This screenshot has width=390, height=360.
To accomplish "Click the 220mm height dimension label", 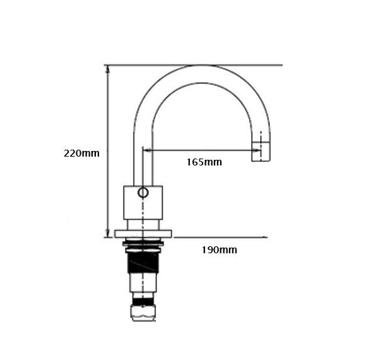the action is [81, 153].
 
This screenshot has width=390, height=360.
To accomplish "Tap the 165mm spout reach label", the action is [204, 162].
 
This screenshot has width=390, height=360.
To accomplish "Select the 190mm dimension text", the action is [219, 249].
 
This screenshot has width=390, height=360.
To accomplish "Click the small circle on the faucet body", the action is [143, 193].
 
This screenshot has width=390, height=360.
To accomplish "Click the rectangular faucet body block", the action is [143, 203].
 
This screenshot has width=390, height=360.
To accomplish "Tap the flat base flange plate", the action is [143, 234].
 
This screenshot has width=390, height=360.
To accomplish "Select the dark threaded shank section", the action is [143, 262].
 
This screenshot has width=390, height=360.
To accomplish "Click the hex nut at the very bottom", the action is [143, 313].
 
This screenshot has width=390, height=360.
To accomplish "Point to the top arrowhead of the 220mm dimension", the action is [107, 69].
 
